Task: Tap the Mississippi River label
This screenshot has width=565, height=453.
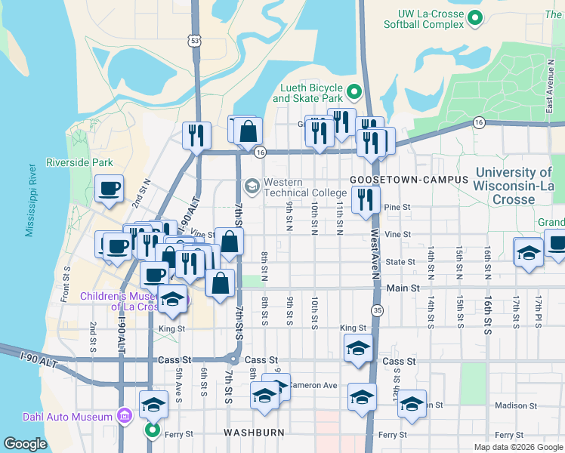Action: pos(31,200)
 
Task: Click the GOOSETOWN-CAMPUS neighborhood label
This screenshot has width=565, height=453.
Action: pos(409,180)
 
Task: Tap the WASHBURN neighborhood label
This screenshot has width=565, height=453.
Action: pos(253,433)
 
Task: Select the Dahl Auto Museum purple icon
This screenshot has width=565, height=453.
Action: pos(124,414)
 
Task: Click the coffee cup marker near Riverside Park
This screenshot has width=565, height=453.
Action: pos(110,188)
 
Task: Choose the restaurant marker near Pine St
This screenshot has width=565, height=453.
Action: pos(366,199)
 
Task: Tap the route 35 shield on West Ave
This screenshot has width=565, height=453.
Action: pos(377,310)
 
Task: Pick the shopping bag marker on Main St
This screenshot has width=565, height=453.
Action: pos(220,283)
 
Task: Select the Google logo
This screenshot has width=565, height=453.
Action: pos(26,444)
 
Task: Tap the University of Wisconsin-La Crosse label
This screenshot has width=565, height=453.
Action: pos(514,186)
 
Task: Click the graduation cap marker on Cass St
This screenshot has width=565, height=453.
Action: pos(358,348)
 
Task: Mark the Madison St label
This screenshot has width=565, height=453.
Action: pos(515,405)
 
